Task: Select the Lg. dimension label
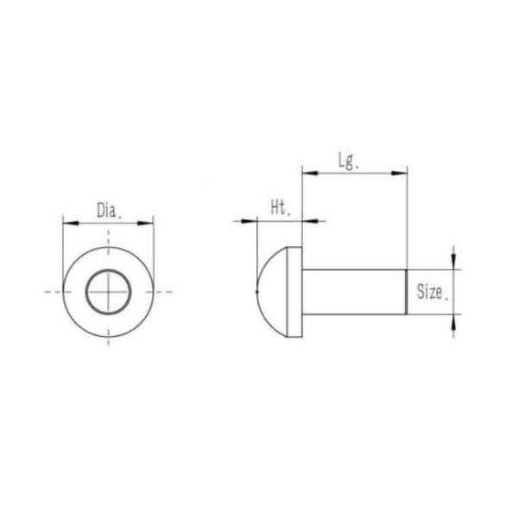point(347,161)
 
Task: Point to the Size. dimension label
point(432,292)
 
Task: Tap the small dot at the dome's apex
point(258,292)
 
